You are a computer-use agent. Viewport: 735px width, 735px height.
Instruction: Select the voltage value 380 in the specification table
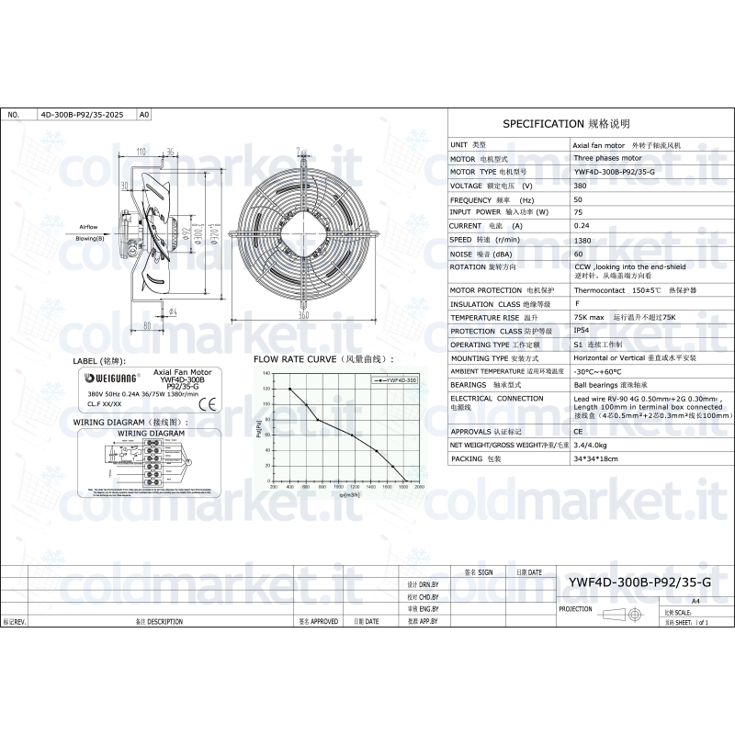point(580,186)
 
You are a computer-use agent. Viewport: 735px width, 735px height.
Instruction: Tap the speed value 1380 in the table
point(582,239)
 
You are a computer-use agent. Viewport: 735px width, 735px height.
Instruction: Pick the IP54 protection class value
point(582,330)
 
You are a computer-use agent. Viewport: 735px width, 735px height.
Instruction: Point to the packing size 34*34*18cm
point(595,458)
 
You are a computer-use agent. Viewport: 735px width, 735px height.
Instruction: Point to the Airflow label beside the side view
point(88,226)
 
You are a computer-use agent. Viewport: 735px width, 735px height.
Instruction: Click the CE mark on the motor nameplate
point(209,402)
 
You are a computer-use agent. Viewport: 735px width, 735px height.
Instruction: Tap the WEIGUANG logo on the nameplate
point(109,377)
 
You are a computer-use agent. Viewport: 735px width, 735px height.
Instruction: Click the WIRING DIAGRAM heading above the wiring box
point(130,422)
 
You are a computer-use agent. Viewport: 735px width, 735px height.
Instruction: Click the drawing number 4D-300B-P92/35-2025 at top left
point(82,115)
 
